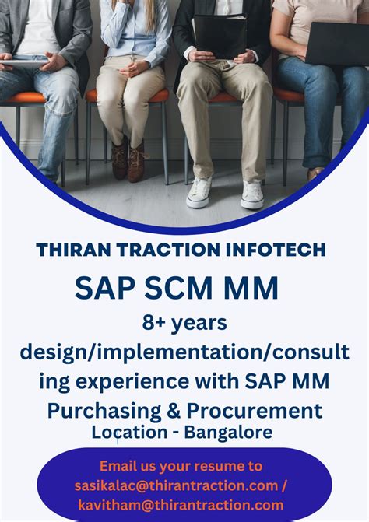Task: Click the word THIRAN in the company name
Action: point(73,250)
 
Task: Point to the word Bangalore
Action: point(229,430)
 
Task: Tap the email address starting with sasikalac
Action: point(177,485)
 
